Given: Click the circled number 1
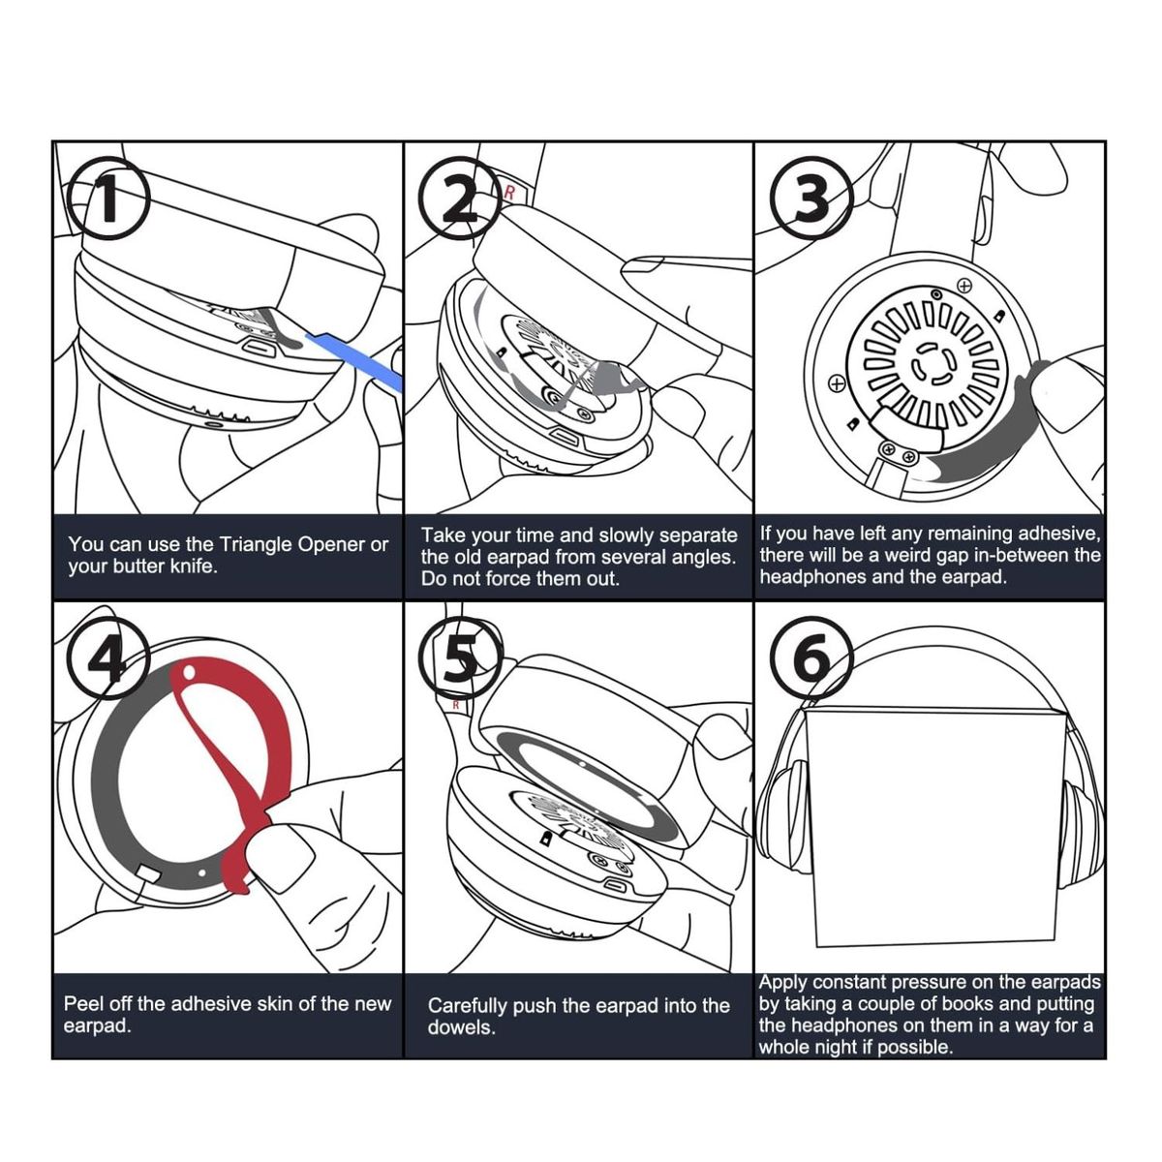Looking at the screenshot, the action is coord(107,199).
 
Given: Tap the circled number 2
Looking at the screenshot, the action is coord(460,199).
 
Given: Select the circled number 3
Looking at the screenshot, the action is coord(811,199).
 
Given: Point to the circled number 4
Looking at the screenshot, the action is coord(107,659).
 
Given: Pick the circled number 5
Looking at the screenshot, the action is coord(460,659).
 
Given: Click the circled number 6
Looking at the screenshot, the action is coord(811,659).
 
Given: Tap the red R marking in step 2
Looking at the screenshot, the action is coord(509,193).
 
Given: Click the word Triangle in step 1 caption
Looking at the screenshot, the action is coord(256,544).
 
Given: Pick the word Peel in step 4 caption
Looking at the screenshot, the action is coord(83,1004).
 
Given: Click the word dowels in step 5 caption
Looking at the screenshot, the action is coord(461,1028).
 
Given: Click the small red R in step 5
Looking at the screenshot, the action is coord(456,705).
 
